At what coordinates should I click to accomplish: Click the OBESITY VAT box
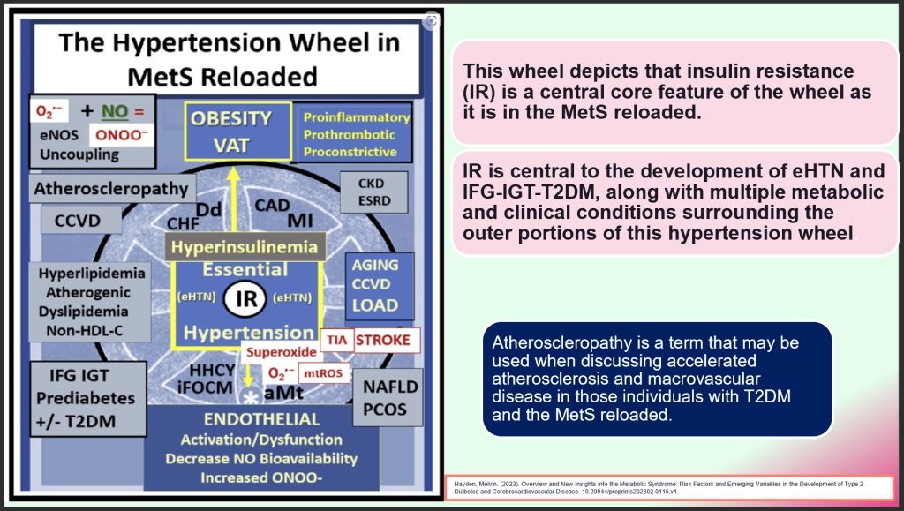point(232,132)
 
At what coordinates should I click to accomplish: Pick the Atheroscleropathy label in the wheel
point(110,188)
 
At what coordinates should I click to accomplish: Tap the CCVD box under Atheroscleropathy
point(72,219)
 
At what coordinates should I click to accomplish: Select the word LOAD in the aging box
point(375,305)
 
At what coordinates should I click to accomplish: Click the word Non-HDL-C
point(84,330)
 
